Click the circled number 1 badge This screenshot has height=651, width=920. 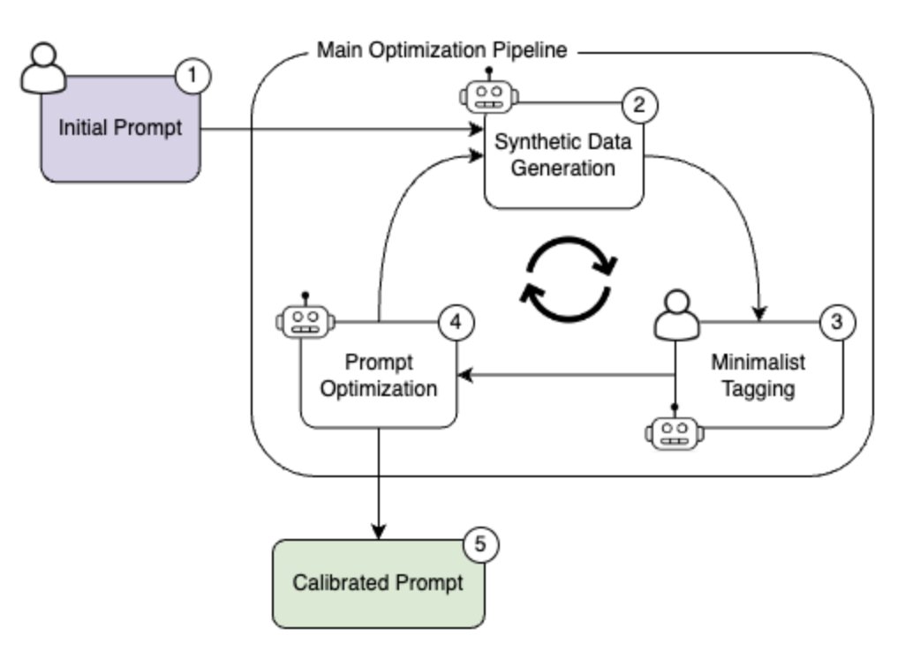point(193,76)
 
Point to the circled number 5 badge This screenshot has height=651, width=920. point(479,544)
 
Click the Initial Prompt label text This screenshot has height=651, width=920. point(120,128)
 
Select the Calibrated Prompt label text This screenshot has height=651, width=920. point(378,583)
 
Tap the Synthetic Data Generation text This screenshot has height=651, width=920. point(563,154)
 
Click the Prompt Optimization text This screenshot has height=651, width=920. point(379,376)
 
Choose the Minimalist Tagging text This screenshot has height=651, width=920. point(758,376)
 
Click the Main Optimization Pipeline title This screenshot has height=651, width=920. point(441,50)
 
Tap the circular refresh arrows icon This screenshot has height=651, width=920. point(569,279)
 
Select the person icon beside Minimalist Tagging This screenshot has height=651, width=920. point(675,315)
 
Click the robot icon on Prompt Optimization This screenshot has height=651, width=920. point(305,318)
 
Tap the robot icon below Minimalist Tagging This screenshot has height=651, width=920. point(675,430)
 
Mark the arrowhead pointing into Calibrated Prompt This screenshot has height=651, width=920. point(379,531)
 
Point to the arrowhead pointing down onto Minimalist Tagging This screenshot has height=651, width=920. point(758,313)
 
